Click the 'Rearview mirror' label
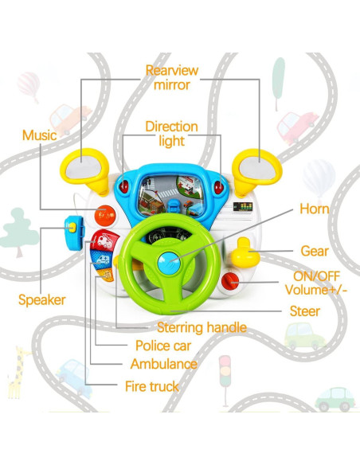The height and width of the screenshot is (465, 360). [171, 77]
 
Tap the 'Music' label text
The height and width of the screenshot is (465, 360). [39, 135]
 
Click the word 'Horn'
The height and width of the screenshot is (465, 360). [314, 209]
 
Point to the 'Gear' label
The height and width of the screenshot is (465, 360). [315, 252]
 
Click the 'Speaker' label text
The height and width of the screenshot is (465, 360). [41, 300]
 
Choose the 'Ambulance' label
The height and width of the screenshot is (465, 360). [163, 364]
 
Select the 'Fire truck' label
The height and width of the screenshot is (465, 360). [153, 386]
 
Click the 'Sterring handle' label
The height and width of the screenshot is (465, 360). [202, 327]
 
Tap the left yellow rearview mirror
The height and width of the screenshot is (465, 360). [85, 168]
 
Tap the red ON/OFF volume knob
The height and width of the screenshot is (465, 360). [232, 280]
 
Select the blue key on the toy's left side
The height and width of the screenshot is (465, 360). [74, 230]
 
